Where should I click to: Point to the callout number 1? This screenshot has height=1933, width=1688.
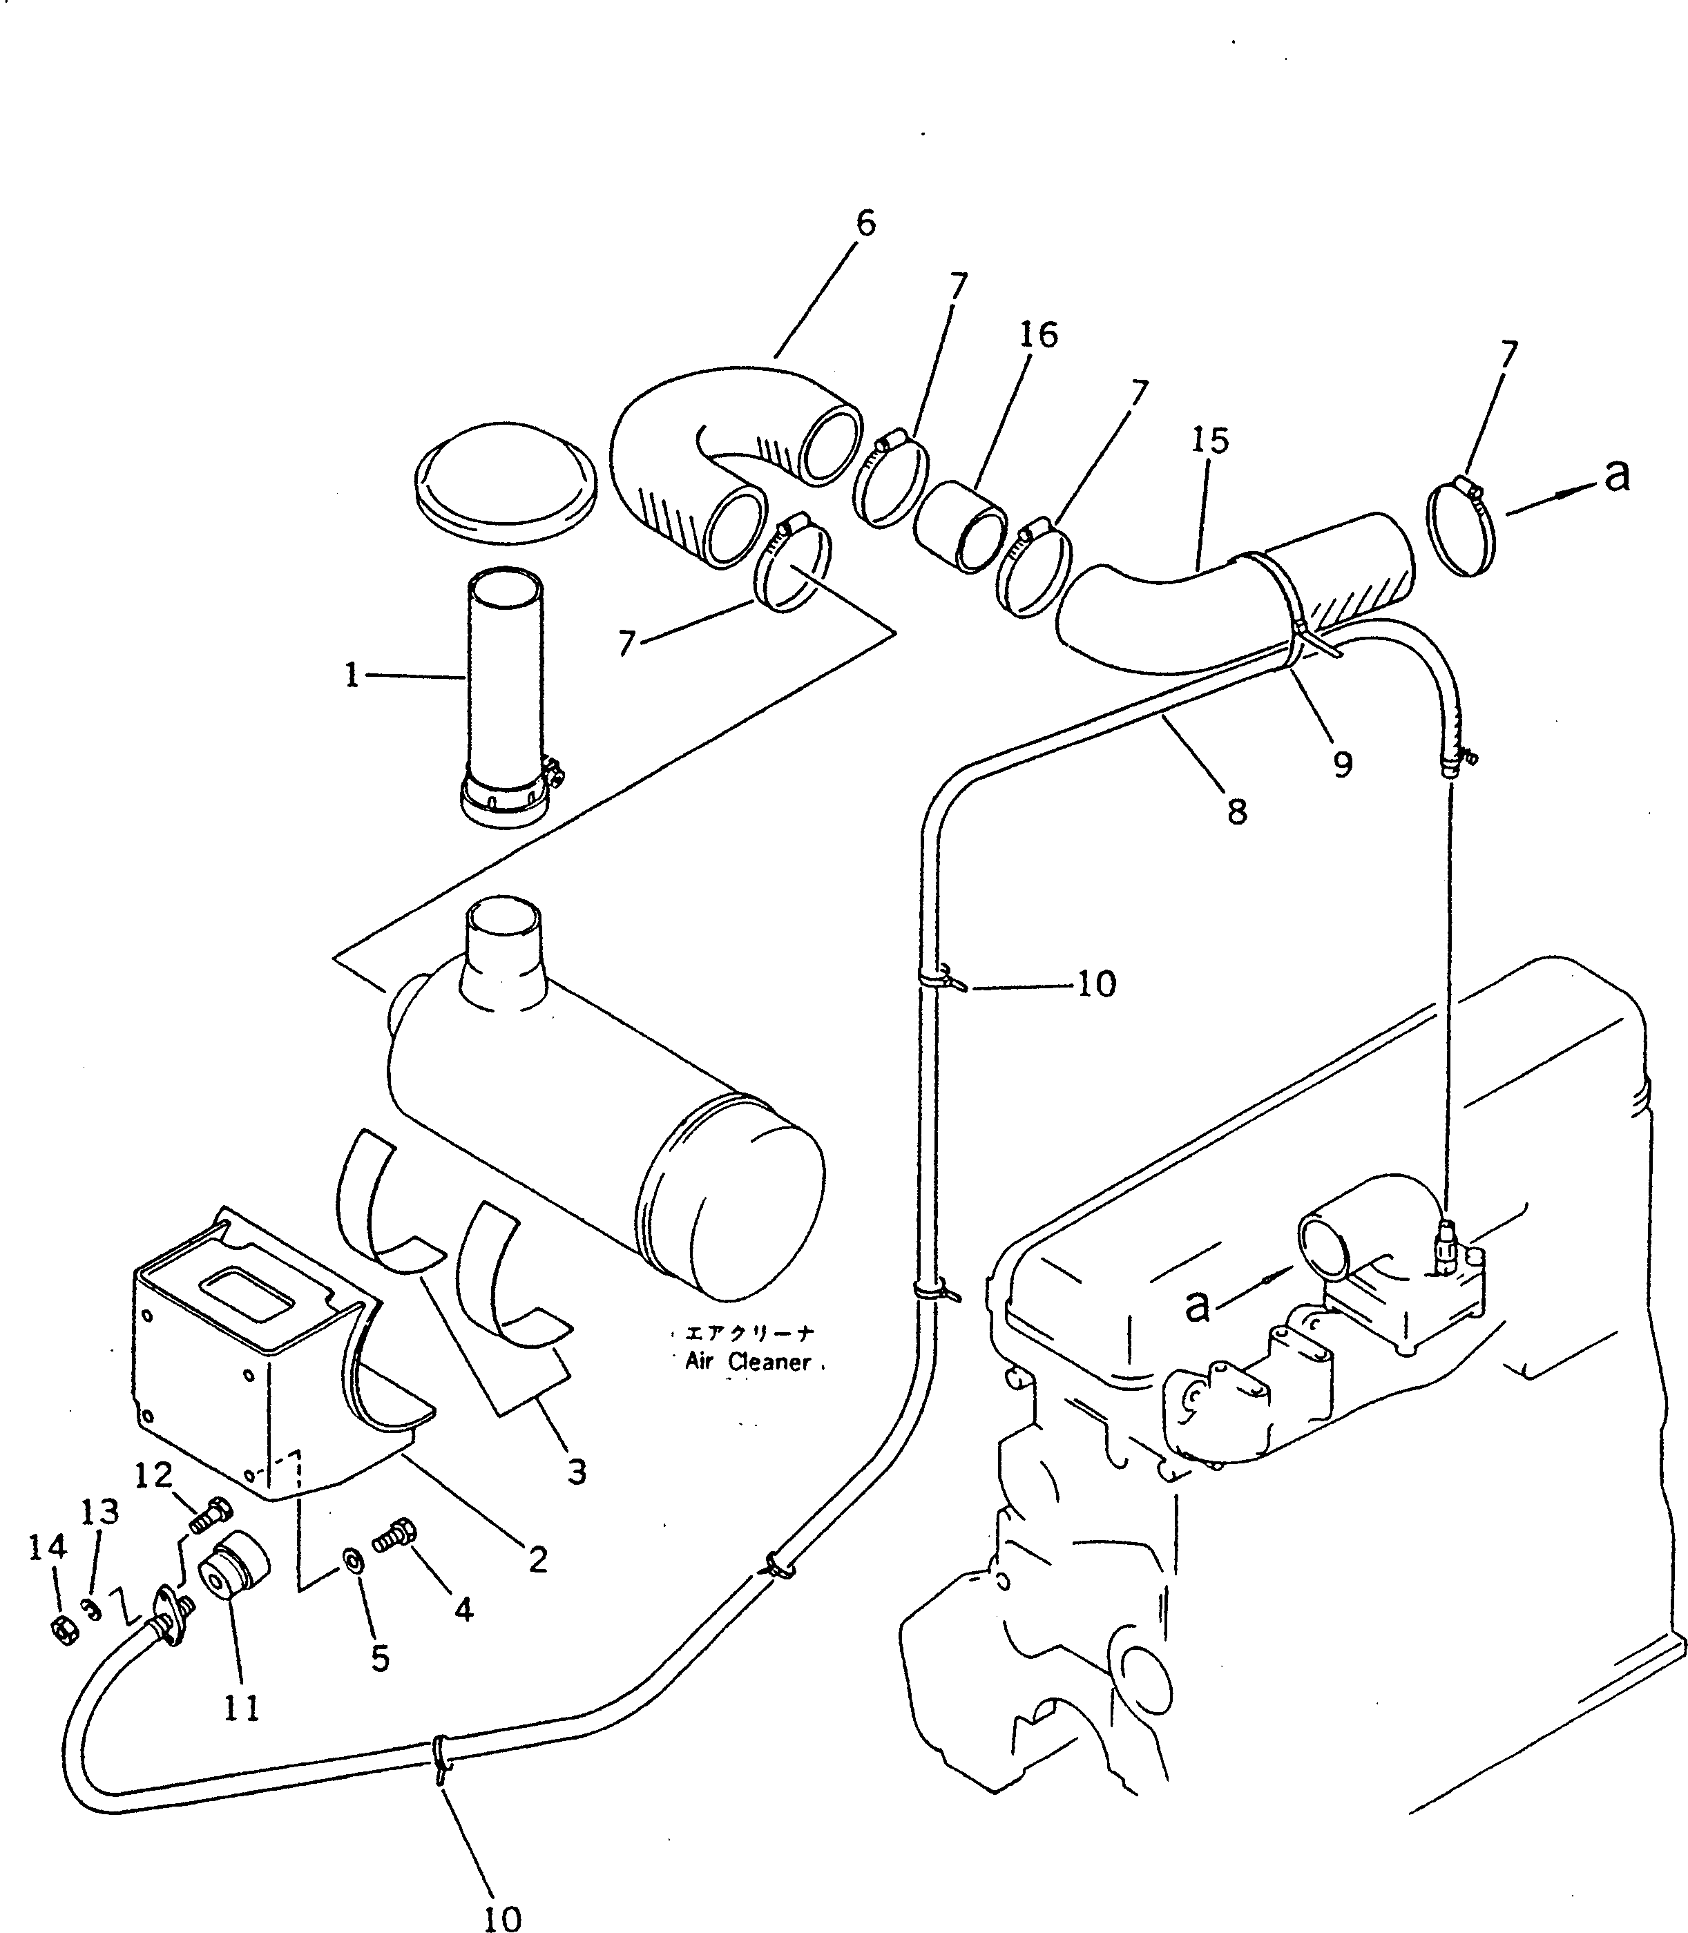pyautogui.click(x=352, y=675)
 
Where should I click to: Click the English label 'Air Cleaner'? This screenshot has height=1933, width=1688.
pyautogui.click(x=748, y=1361)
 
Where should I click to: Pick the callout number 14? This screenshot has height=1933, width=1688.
pyautogui.click(x=47, y=1547)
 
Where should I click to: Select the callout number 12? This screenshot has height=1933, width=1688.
pyautogui.click(x=153, y=1474)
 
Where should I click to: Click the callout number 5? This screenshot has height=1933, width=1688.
pyautogui.click(x=380, y=1659)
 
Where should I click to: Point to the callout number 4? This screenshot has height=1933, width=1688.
pyautogui.click(x=463, y=1610)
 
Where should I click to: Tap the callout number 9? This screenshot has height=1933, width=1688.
pyautogui.click(x=1342, y=763)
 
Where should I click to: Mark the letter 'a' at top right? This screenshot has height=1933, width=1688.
pyautogui.click(x=1616, y=476)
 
